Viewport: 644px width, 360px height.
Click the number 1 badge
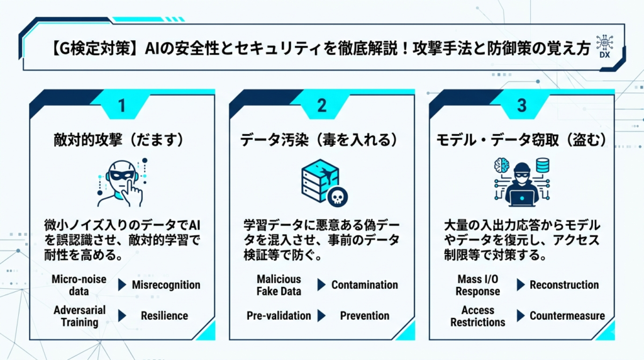[x=121, y=106]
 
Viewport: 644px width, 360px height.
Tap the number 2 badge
[x=321, y=106]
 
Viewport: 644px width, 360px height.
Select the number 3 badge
[x=521, y=106]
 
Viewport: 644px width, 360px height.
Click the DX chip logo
[x=604, y=47]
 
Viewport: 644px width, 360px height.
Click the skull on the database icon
[x=337, y=197]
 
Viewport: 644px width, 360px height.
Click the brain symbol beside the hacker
[x=501, y=166]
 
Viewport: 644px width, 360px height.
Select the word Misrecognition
[x=166, y=285]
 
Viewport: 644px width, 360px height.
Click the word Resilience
[x=164, y=315]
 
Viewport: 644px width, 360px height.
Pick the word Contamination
[x=365, y=285]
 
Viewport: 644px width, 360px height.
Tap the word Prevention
[x=365, y=315]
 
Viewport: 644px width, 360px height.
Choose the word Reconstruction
[x=564, y=285]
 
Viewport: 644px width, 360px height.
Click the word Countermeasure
[x=567, y=315]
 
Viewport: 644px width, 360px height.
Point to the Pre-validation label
[x=279, y=315]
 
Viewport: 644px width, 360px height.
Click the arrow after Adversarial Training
[x=122, y=315]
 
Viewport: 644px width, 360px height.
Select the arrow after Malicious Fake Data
[x=321, y=285]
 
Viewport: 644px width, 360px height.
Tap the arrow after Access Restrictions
[x=521, y=315]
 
